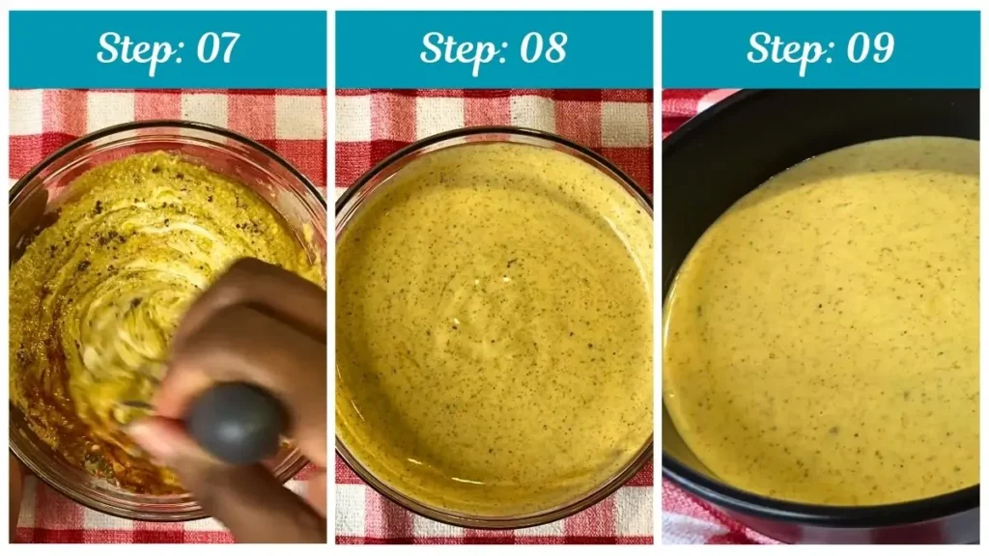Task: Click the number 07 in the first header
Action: coord(215,48)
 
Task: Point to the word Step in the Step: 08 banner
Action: coord(457,48)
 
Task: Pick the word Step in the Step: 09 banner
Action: coord(783,48)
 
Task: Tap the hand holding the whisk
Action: coord(241,319)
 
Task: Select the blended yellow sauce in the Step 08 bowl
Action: coord(493,328)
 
